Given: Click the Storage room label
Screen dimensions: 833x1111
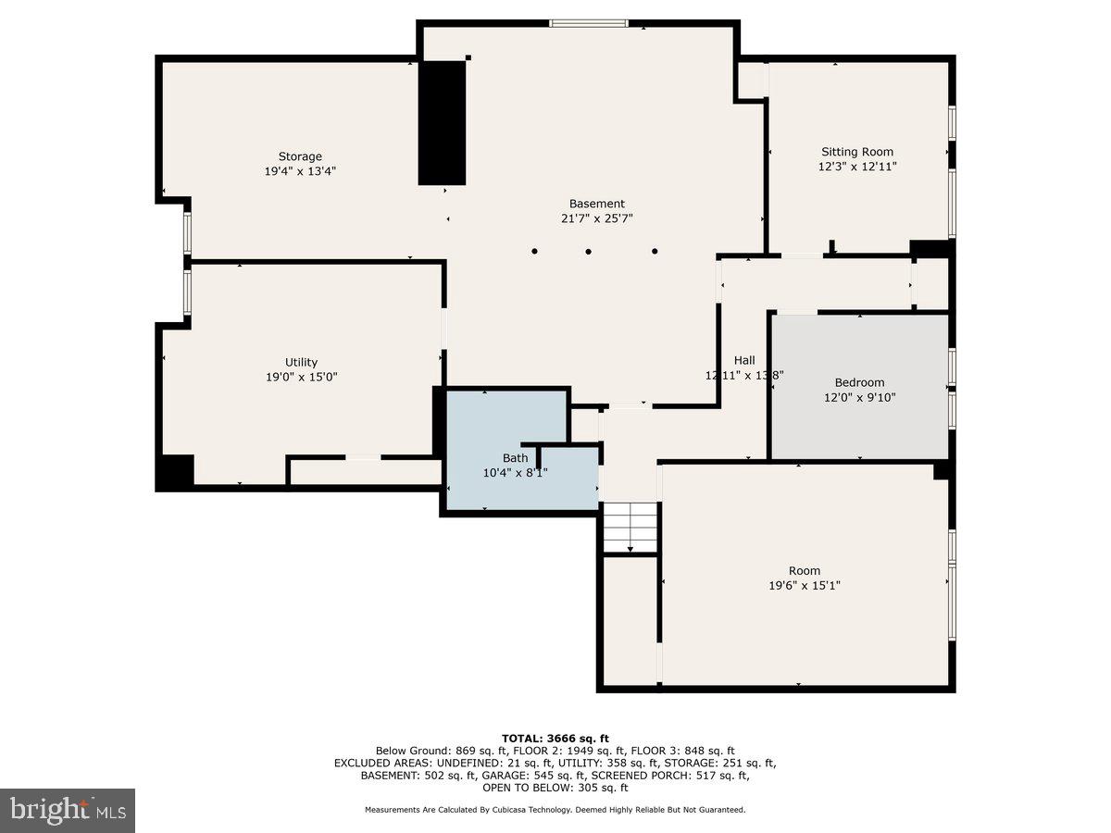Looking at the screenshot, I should (x=300, y=156).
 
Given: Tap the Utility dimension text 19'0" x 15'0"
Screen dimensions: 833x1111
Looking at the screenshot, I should (x=301, y=377).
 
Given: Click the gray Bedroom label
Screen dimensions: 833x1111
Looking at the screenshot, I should (x=859, y=382).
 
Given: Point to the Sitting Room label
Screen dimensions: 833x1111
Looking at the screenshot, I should (x=857, y=152).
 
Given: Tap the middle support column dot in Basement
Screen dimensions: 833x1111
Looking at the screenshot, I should (x=588, y=251).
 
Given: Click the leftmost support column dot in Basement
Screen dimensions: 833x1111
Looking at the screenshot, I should (x=534, y=251).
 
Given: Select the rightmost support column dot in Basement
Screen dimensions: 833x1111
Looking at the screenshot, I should (x=655, y=251).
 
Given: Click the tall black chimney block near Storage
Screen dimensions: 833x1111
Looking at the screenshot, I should (x=442, y=123).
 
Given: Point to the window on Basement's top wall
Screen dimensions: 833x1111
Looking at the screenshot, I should (x=588, y=23).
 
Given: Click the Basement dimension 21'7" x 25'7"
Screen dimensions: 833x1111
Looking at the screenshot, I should (x=596, y=218).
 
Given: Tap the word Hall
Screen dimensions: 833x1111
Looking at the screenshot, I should (x=744, y=360).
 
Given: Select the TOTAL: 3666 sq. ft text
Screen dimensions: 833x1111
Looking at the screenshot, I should (x=555, y=738).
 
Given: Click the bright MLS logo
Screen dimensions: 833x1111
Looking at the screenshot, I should (x=67, y=810).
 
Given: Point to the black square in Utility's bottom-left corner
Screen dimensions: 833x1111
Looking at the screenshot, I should (x=174, y=472).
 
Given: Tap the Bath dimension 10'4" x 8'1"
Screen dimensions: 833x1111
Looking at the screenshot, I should (x=515, y=472).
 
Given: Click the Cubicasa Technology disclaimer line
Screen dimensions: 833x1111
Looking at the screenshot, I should (x=555, y=810).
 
